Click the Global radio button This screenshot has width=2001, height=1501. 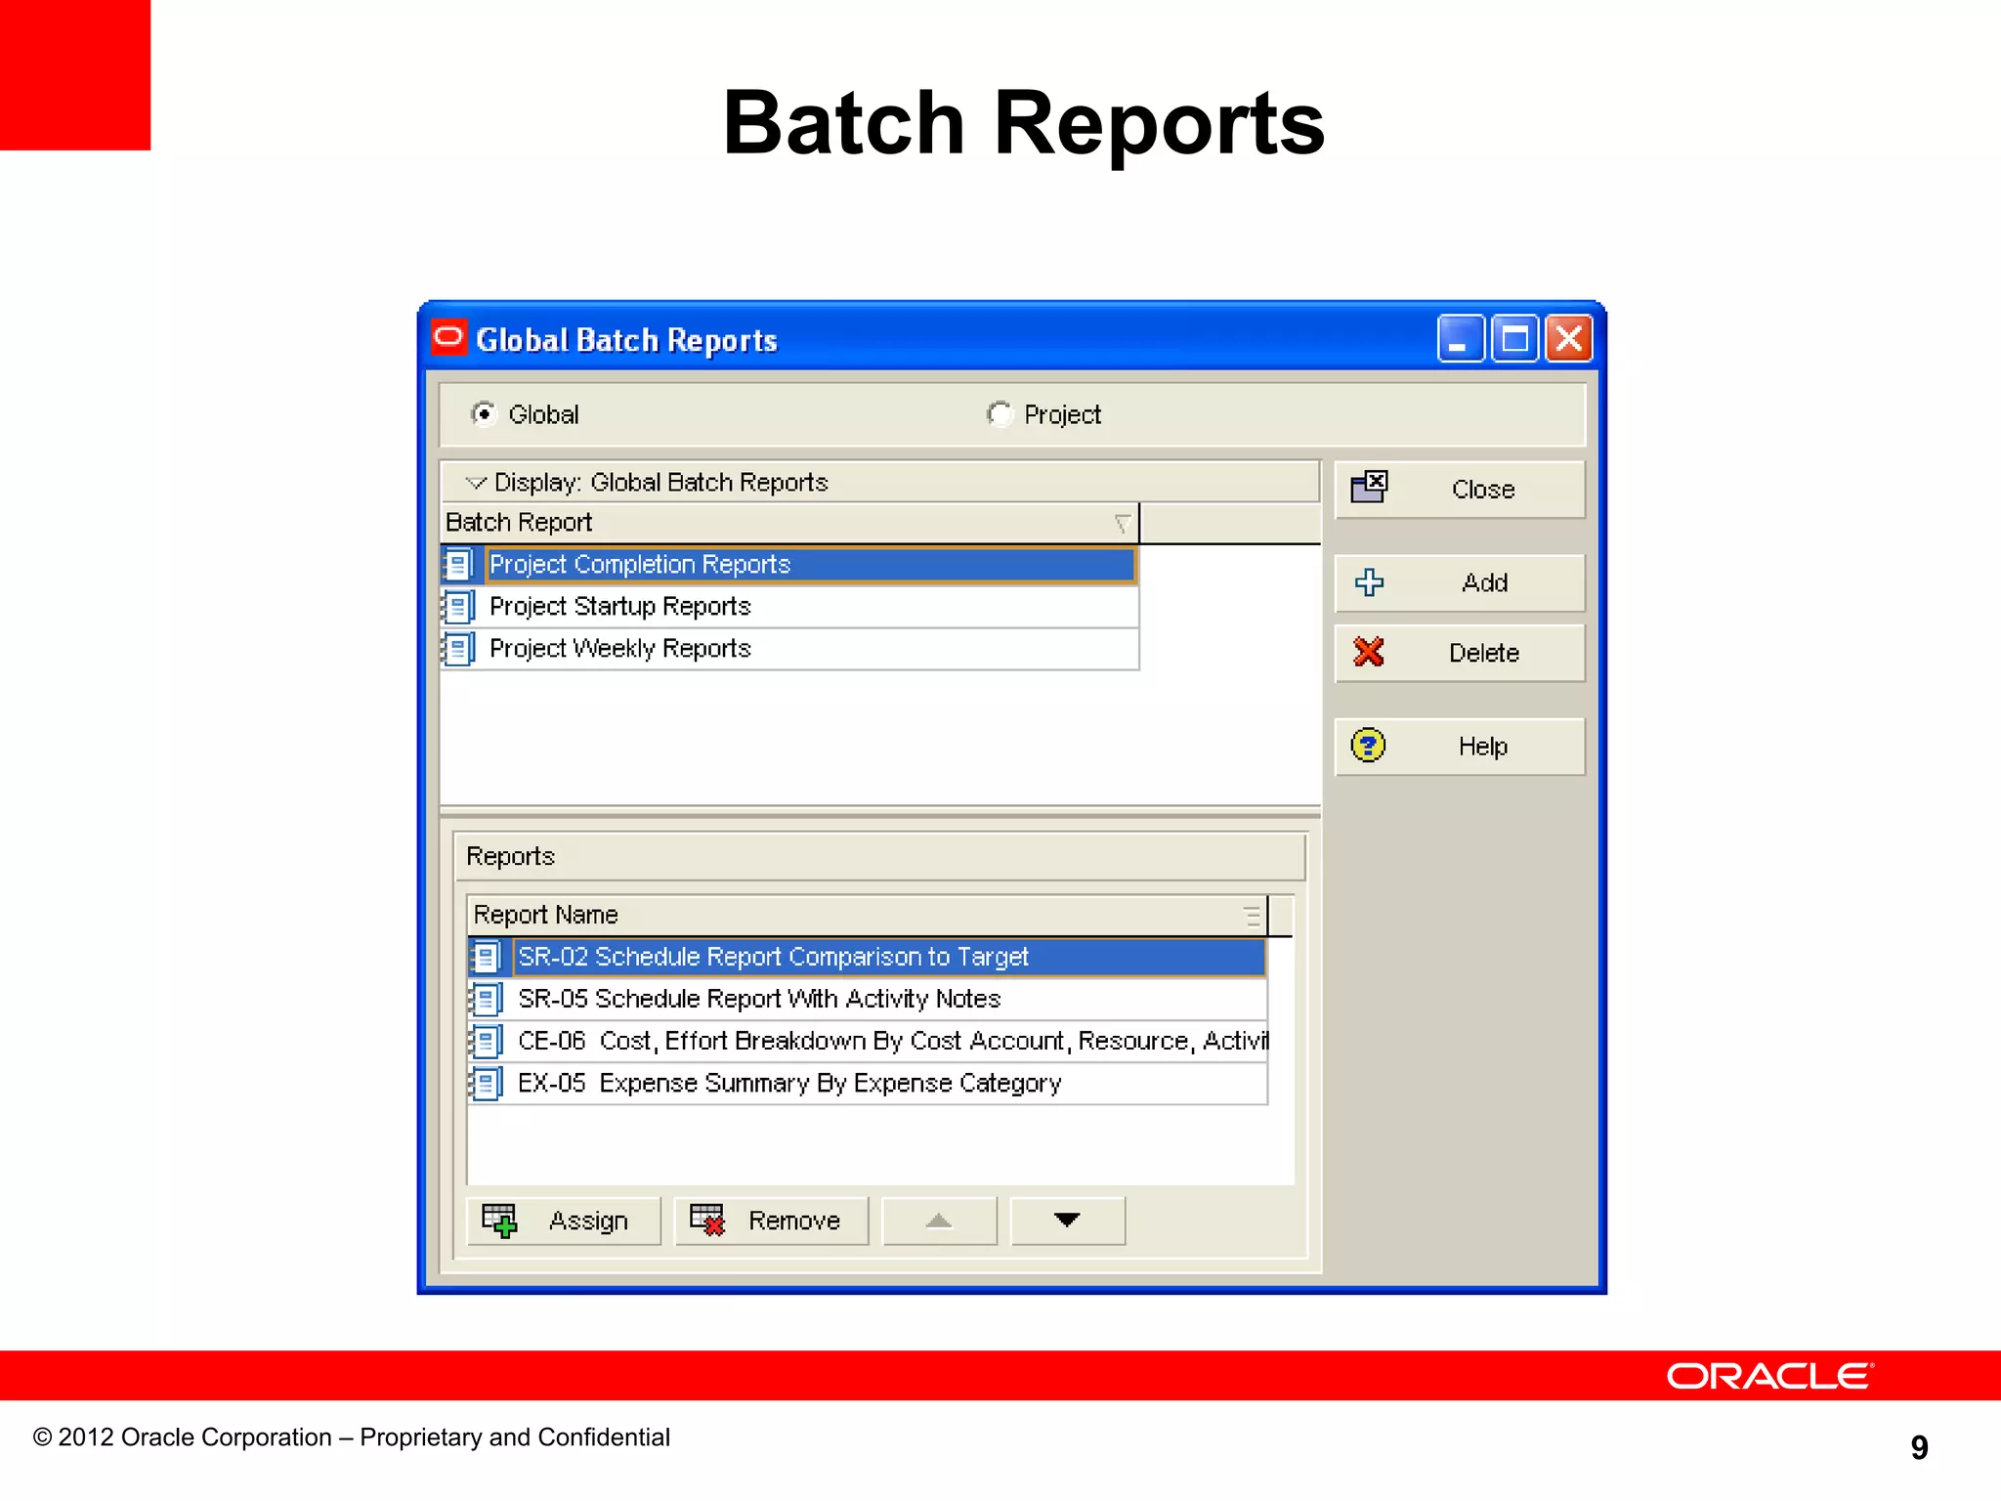pos(484,414)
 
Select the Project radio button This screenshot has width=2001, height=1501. pos(999,414)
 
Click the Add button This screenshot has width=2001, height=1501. pos(1459,583)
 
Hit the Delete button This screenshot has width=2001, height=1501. pos(1459,653)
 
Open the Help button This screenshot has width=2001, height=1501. pos(1459,747)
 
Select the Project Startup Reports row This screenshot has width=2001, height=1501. pos(619,607)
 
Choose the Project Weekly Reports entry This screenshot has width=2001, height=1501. pos(619,649)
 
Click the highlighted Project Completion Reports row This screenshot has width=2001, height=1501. pos(640,565)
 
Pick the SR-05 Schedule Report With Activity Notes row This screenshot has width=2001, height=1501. pos(759,999)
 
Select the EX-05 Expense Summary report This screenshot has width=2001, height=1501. pos(788,1084)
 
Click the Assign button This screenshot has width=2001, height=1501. pos(564,1222)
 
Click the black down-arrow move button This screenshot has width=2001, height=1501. pos(1067,1222)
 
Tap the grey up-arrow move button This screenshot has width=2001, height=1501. pos(939,1222)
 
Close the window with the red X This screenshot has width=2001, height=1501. pos(1569,339)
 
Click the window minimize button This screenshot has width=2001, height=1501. pos(1460,339)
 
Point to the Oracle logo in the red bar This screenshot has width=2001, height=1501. pos(1768,1376)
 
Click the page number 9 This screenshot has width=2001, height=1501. pos(1919,1447)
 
